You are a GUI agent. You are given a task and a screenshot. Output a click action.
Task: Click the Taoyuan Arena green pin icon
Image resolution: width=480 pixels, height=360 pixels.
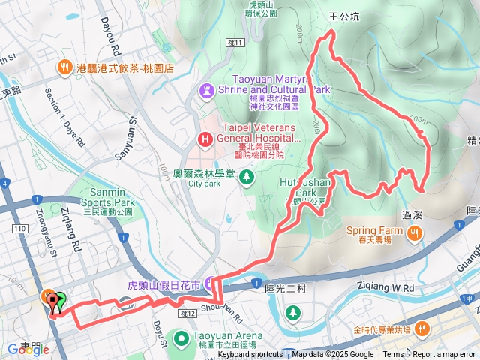click(181, 340)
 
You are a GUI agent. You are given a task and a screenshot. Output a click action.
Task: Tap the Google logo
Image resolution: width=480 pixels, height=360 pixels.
click(28, 349)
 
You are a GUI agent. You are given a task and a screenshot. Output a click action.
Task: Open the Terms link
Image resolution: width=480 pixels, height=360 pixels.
click(393, 355)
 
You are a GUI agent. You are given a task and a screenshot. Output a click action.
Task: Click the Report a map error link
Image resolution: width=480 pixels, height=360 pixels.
click(445, 355)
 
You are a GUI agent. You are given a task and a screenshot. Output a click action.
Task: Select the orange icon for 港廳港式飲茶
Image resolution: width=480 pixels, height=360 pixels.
click(67, 67)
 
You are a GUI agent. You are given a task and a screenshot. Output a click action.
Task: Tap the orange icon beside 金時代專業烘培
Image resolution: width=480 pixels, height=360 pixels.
click(422, 330)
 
